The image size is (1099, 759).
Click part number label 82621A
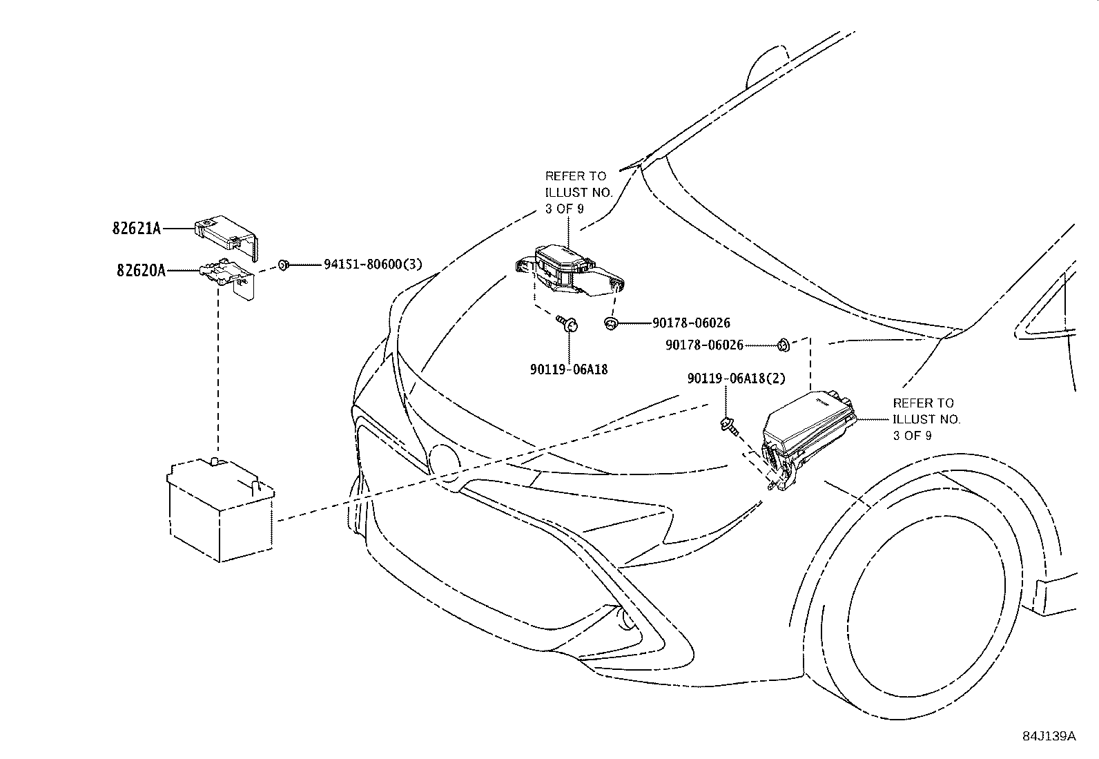[x=137, y=228]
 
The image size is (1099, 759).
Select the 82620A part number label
[x=142, y=271]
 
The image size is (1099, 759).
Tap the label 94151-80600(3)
[x=373, y=265]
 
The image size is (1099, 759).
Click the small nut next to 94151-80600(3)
[x=283, y=265]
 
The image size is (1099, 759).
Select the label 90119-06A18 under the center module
[x=569, y=369]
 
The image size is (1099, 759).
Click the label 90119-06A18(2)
[x=736, y=379]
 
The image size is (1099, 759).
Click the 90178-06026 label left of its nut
[x=704, y=345]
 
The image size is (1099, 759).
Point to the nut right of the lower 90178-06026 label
[x=783, y=345]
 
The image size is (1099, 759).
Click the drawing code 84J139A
[x=1049, y=736]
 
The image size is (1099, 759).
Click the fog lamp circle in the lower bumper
[x=627, y=621]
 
